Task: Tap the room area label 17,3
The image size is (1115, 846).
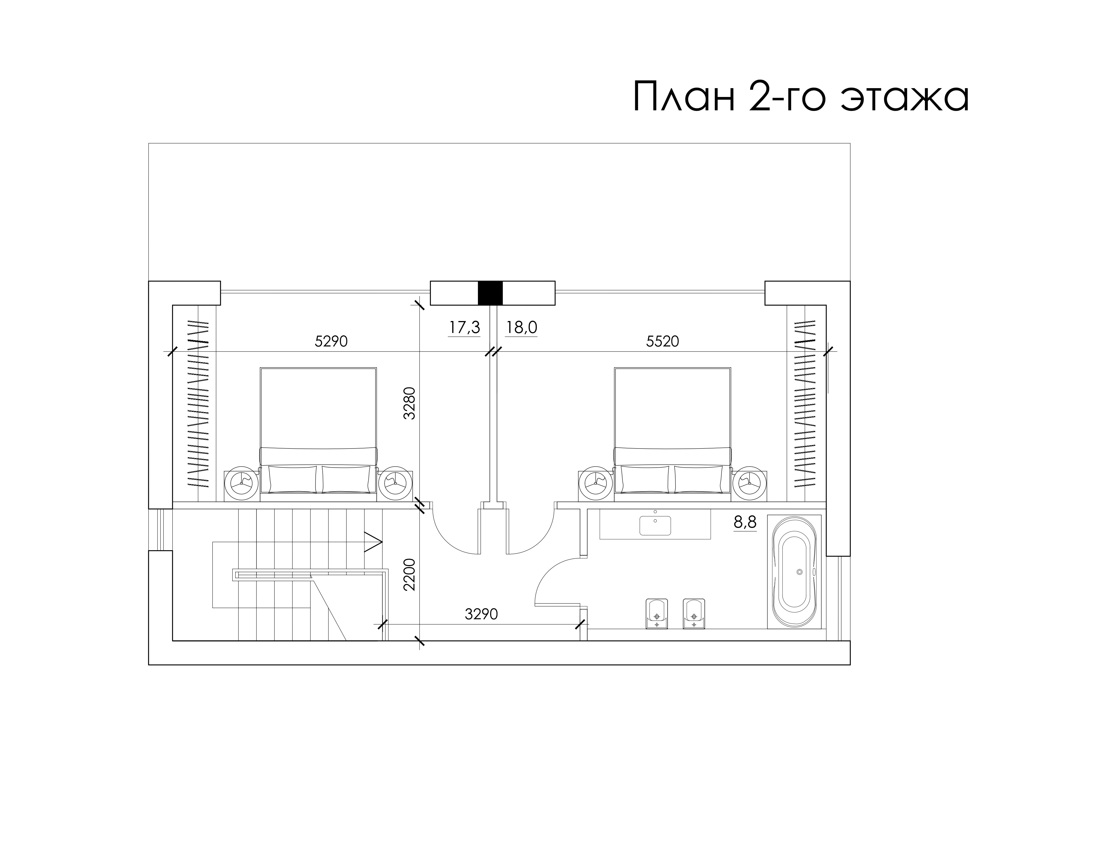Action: (464, 328)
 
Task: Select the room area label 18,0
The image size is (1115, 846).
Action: (521, 328)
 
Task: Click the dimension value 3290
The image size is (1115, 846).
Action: (481, 614)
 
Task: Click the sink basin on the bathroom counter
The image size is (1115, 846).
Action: (655, 525)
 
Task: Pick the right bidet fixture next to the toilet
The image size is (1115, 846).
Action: (694, 614)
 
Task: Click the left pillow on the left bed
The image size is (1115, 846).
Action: (293, 480)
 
